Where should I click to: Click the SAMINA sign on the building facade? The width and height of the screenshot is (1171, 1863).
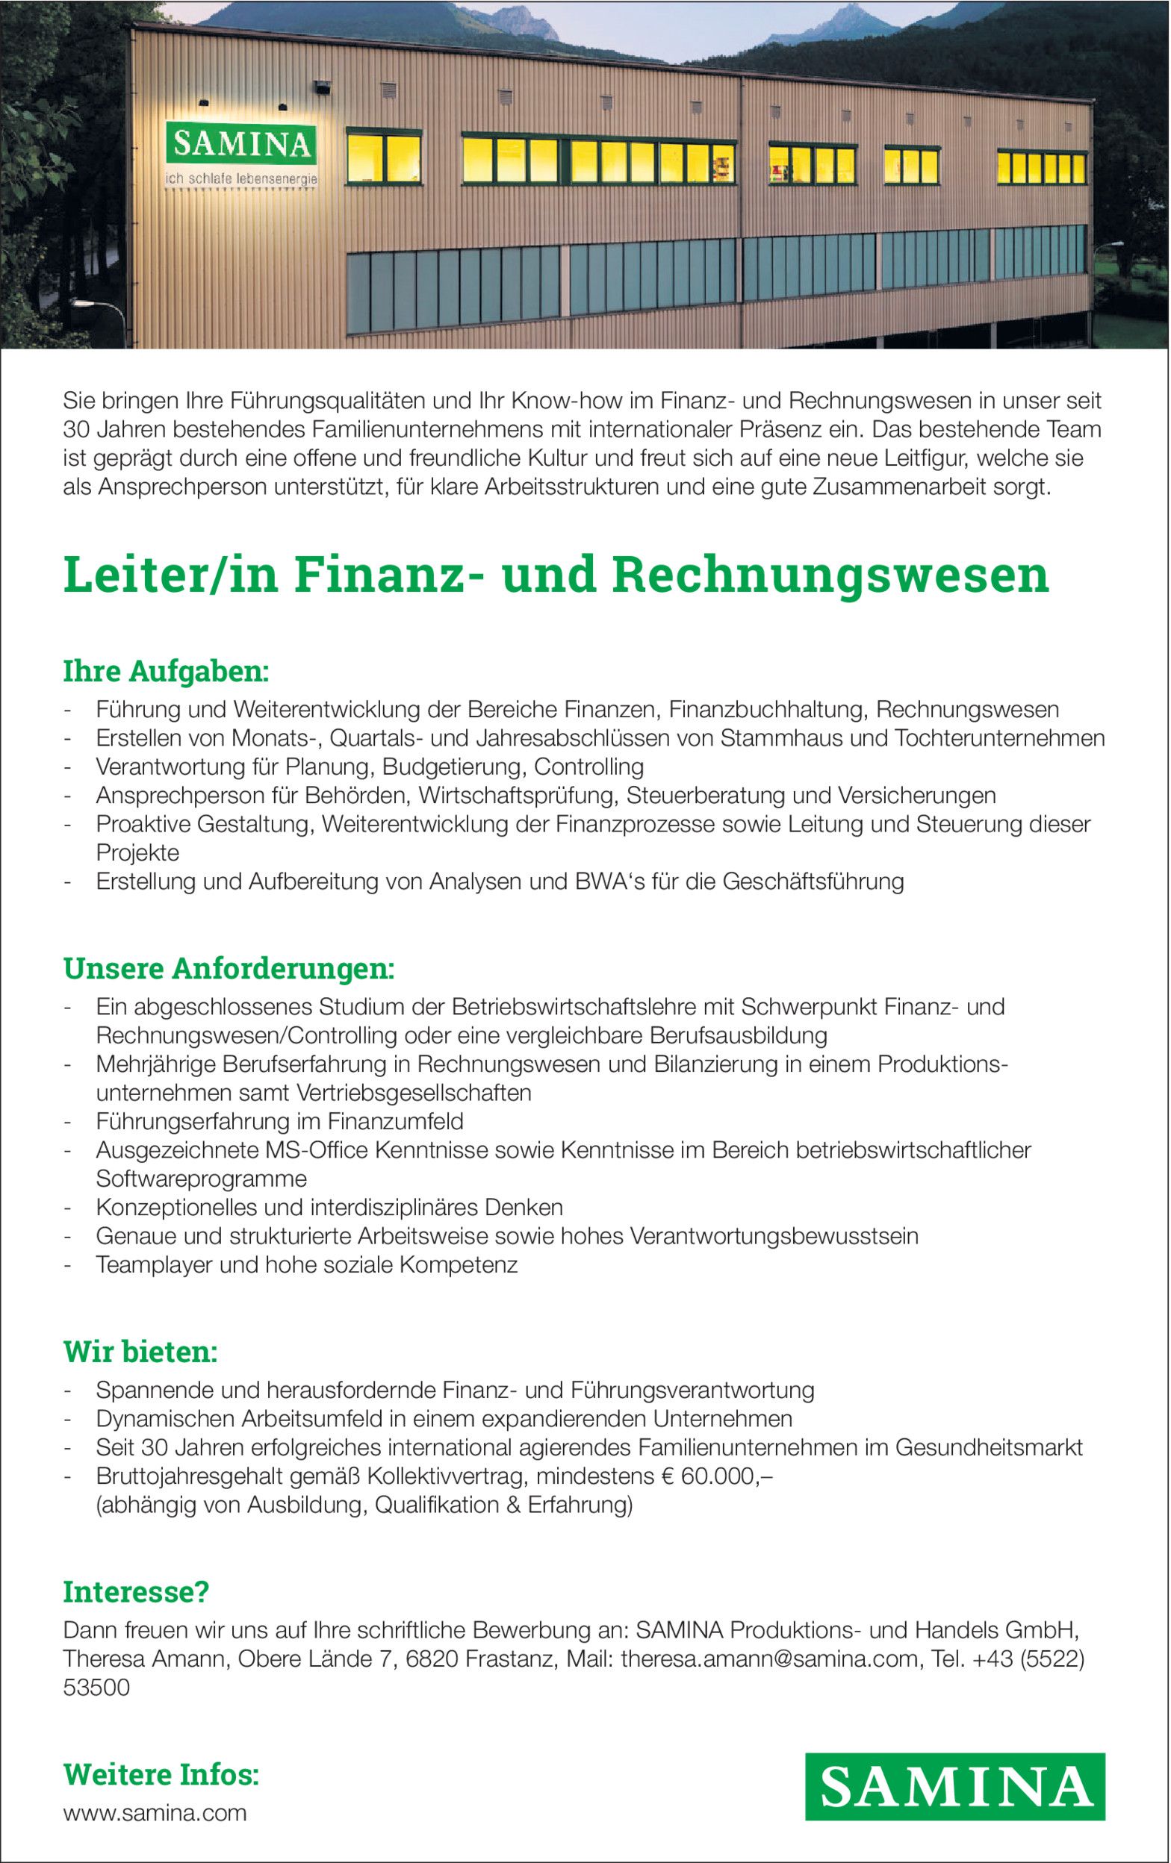click(240, 144)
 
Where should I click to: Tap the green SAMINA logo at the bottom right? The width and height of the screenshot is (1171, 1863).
click(954, 1786)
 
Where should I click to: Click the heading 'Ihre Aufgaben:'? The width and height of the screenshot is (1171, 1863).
click(166, 672)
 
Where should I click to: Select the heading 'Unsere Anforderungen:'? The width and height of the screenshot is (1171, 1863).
click(229, 969)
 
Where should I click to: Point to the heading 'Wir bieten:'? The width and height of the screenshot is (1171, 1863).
click(140, 1352)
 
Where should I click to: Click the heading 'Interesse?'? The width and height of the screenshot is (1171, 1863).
click(135, 1592)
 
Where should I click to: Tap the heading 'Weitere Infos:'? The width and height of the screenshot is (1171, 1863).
click(161, 1774)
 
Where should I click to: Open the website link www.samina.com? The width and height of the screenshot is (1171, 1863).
click(155, 1813)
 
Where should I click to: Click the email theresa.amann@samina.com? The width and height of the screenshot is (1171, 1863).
click(768, 1658)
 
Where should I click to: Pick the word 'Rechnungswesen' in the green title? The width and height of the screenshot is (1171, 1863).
click(830, 575)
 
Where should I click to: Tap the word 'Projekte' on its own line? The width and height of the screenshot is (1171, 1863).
click(137, 852)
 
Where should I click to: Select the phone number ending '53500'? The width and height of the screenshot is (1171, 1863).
click(96, 1688)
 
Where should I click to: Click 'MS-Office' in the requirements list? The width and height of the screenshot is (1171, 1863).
click(316, 1150)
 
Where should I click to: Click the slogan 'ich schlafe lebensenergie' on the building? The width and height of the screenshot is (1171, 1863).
click(240, 179)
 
